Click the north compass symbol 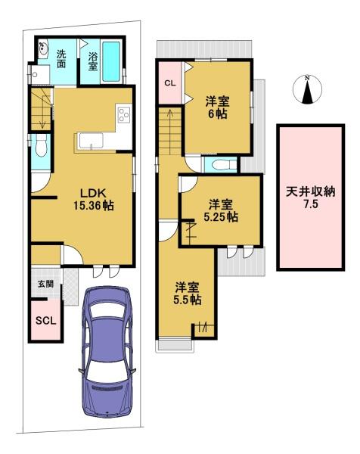click(x=307, y=89)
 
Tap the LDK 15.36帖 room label click(x=93, y=199)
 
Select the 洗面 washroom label click(x=61, y=59)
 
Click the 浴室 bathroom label click(x=92, y=61)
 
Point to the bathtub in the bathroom click(x=111, y=61)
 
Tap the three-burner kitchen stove click(x=124, y=114)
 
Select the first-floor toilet click(x=41, y=147)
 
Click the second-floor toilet click(x=223, y=165)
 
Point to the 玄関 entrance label click(x=46, y=284)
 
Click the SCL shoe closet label click(x=45, y=321)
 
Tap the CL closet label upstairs click(x=170, y=83)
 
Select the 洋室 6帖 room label click(x=217, y=107)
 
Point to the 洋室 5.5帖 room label click(x=188, y=294)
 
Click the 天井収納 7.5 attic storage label click(x=311, y=197)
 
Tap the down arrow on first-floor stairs click(x=42, y=116)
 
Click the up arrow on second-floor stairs click(x=170, y=122)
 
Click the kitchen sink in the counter click(x=92, y=141)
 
